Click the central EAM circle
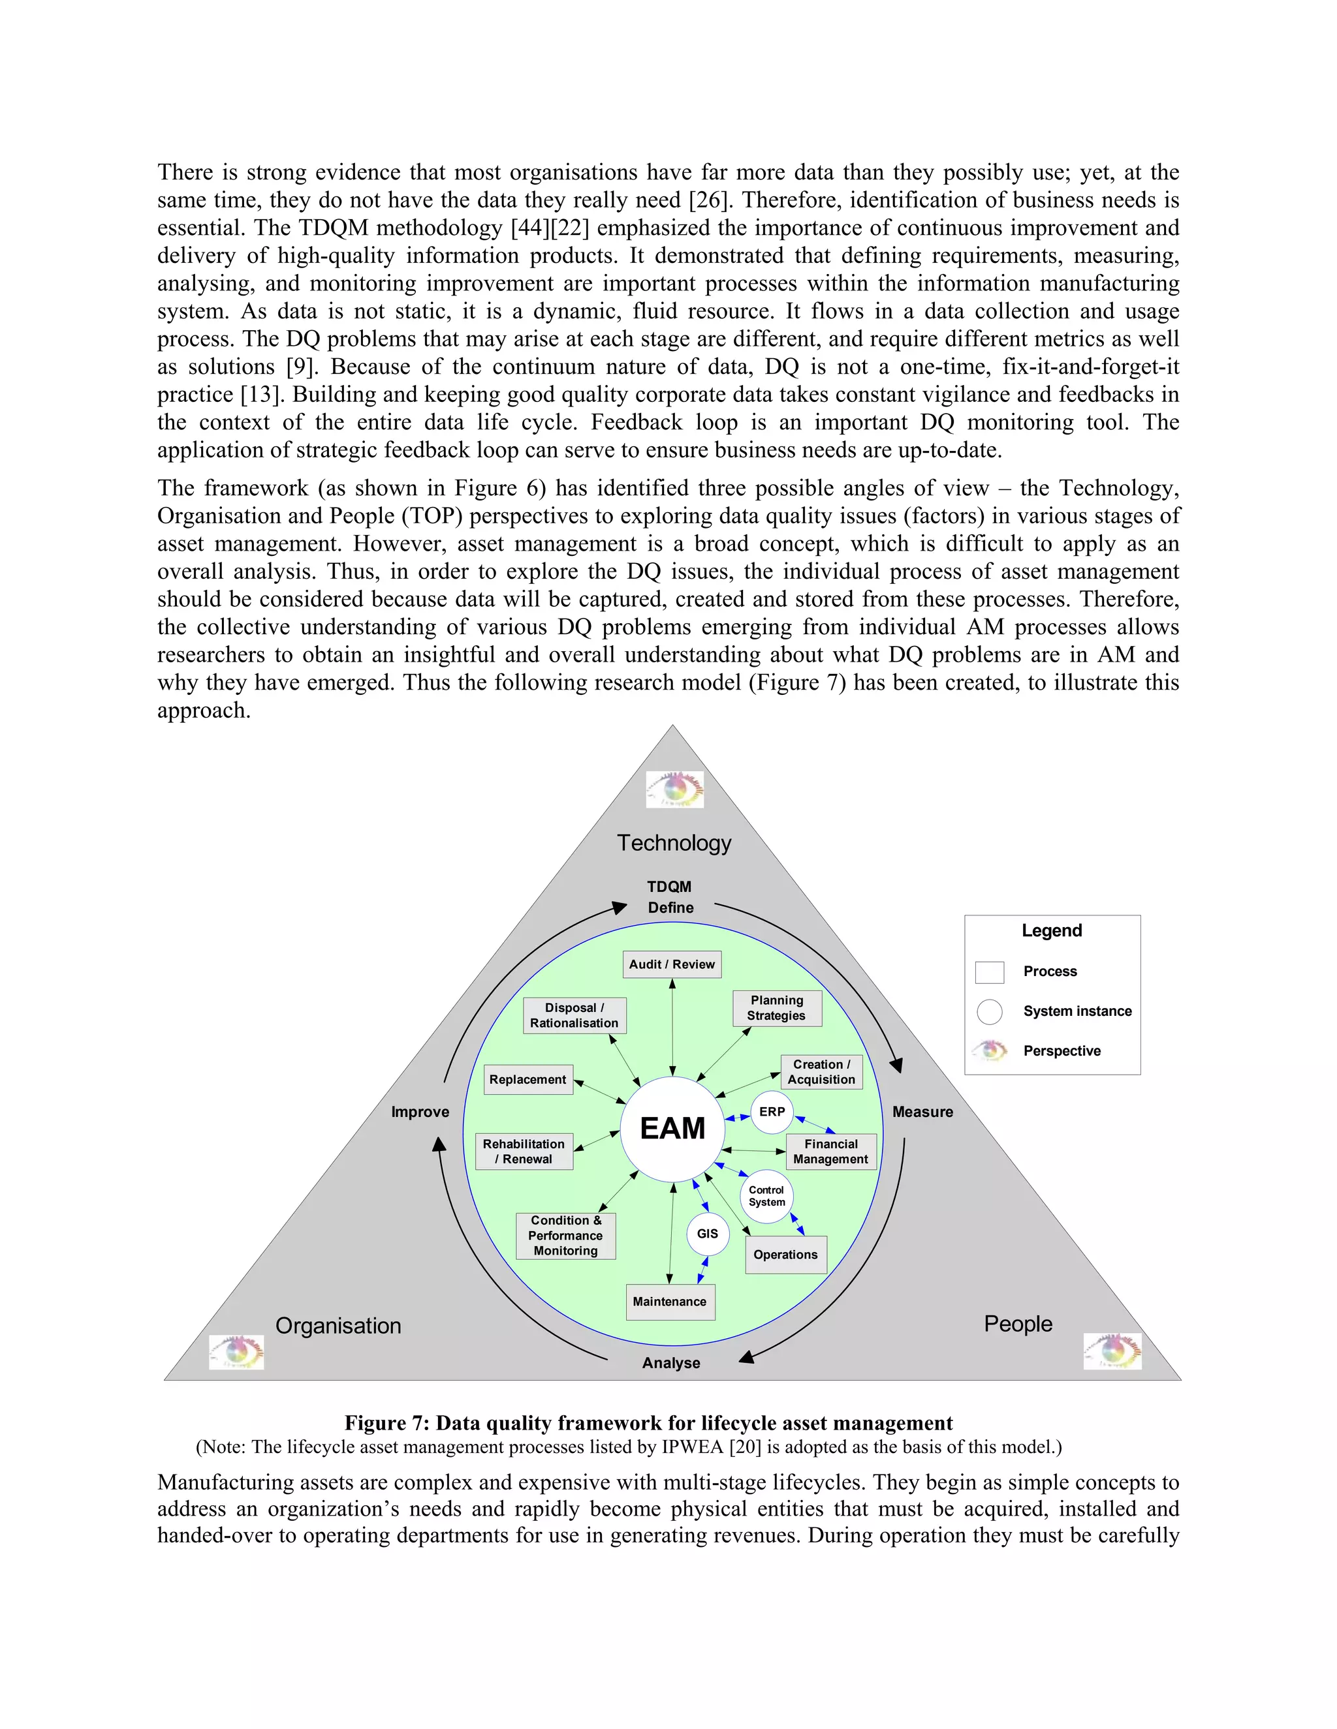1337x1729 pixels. [672, 1128]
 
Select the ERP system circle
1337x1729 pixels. [772, 1112]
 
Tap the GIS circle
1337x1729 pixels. [707, 1233]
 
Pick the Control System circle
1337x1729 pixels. [766, 1196]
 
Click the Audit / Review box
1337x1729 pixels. [672, 964]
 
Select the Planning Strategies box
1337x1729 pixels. [777, 1008]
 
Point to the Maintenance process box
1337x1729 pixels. [670, 1302]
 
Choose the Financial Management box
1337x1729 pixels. [831, 1151]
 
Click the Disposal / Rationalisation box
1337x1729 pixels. [574, 1015]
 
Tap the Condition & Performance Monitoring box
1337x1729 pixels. [565, 1236]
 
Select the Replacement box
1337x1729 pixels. [527, 1079]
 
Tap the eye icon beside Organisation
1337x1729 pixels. [236, 1352]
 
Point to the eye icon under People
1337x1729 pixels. [1112, 1351]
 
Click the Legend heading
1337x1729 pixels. [1051, 930]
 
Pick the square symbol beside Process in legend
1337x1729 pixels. [989, 972]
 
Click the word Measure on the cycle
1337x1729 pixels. [922, 1112]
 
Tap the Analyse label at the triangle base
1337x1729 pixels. [671, 1362]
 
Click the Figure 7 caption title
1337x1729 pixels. [649, 1422]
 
